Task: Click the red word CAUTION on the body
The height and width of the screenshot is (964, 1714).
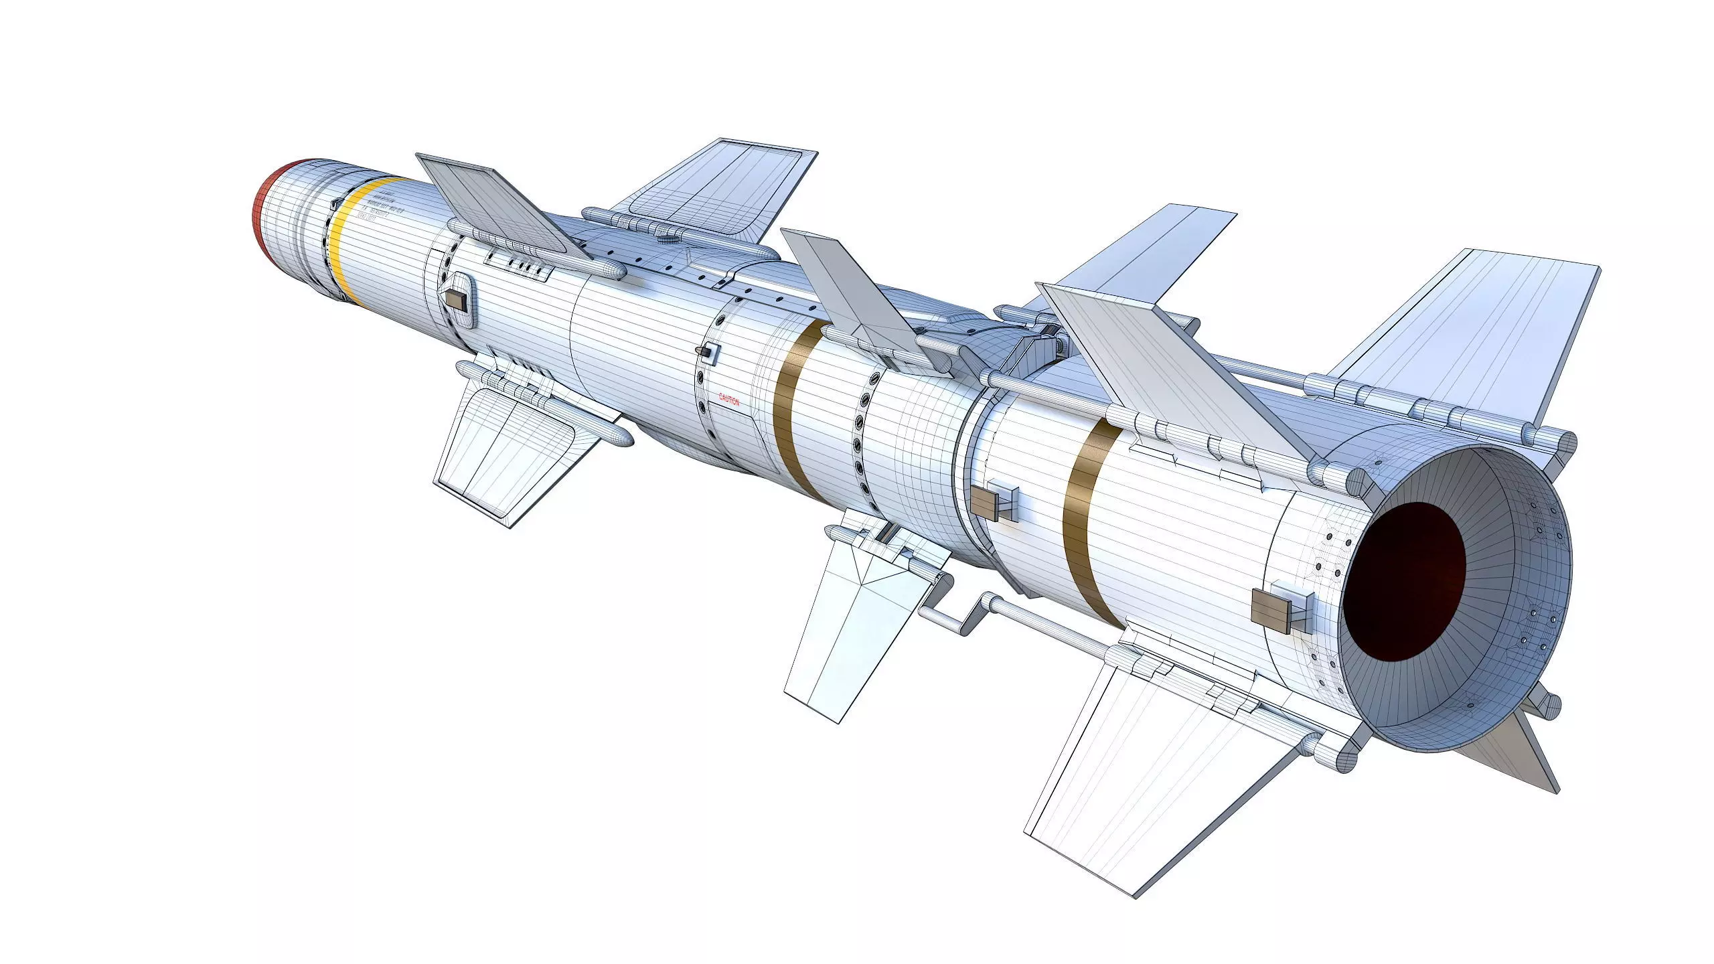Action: point(729,400)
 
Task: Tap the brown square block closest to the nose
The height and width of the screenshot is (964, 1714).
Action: point(456,299)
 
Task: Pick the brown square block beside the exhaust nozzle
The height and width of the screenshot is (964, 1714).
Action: point(1270,609)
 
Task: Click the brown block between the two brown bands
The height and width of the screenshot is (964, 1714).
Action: point(984,502)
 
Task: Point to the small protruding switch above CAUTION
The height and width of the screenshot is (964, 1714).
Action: point(706,351)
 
